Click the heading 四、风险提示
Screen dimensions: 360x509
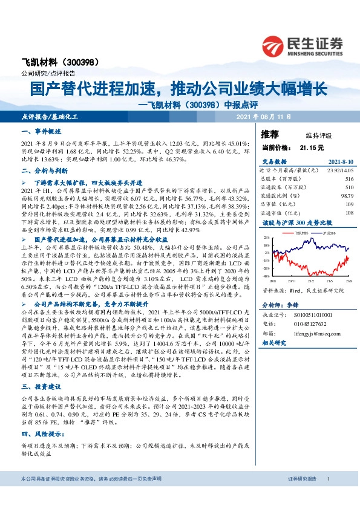coord(39,433)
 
